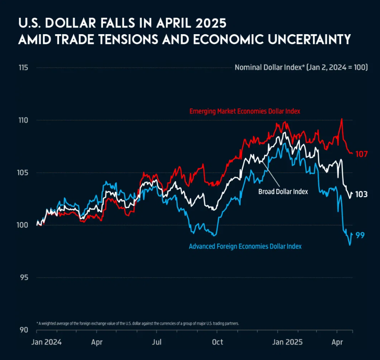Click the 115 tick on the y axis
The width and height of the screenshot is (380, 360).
click(23, 68)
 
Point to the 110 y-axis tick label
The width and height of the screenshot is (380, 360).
click(23, 120)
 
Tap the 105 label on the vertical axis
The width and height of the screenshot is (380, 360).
click(23, 172)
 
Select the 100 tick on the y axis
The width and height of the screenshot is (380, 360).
click(23, 225)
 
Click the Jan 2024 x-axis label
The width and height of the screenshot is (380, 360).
click(46, 342)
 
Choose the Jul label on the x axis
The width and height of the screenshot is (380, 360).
click(157, 342)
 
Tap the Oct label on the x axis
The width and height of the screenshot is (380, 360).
click(217, 342)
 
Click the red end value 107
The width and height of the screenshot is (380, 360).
click(361, 154)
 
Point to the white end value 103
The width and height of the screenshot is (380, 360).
click(361, 194)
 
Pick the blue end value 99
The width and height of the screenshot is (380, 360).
click(360, 235)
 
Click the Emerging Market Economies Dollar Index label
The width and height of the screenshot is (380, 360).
click(244, 111)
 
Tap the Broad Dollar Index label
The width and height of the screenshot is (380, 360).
click(283, 191)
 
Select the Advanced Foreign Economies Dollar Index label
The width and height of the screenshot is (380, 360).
click(245, 246)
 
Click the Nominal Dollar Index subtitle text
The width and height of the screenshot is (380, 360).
click(301, 67)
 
